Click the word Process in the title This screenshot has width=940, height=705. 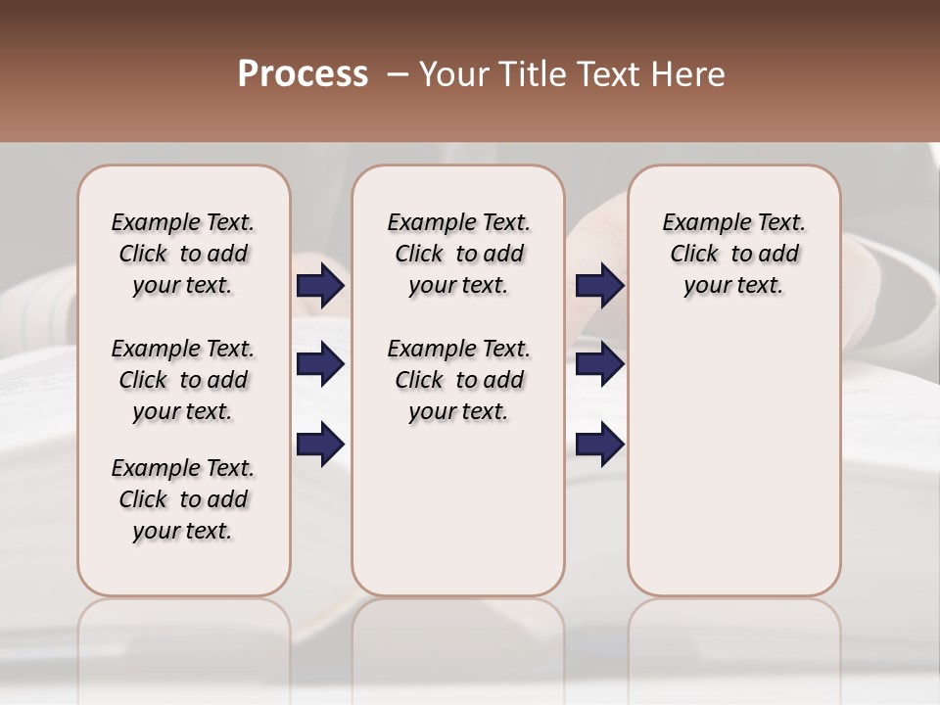[303, 74]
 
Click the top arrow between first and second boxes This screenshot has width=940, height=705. [320, 285]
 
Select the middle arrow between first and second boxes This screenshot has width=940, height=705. [320, 364]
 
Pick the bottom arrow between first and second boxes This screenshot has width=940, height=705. [320, 445]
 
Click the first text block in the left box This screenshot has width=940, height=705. [183, 254]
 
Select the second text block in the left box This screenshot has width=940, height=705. [183, 380]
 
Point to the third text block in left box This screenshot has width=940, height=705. [183, 499]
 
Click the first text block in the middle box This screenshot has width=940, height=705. [458, 254]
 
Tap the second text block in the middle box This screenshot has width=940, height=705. [458, 380]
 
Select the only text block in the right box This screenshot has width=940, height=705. [733, 254]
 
